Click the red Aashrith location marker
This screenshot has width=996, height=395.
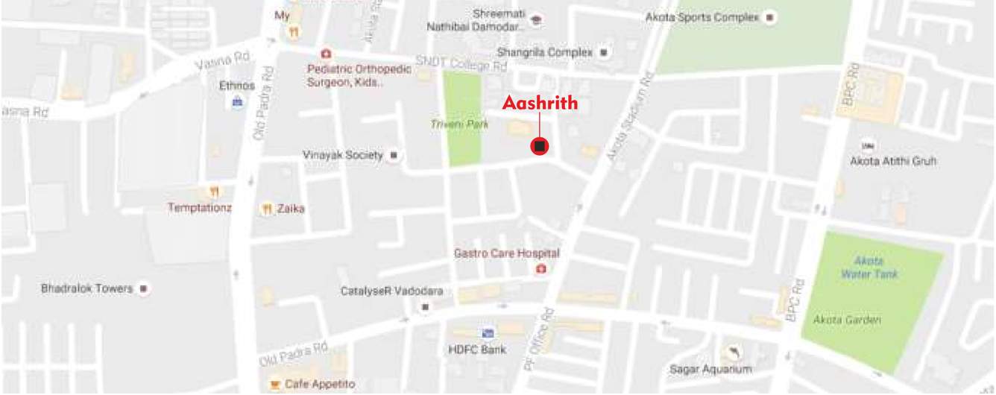pos(540,146)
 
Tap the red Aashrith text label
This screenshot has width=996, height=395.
pos(540,104)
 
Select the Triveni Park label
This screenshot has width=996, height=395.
pos(459,124)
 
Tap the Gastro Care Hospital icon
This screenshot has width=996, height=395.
pos(540,268)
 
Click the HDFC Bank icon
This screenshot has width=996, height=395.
pos(488,333)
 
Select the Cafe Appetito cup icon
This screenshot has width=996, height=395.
pos(274,385)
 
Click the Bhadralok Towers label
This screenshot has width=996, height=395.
pos(86,288)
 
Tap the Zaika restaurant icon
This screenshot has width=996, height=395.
pos(266,209)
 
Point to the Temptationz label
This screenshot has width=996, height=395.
pos(199,208)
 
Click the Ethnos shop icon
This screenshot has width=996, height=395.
pos(237,102)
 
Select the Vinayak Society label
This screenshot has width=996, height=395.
pos(342,156)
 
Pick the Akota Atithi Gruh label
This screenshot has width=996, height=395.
pos(893,161)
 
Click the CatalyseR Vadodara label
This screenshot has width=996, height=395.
pos(392,291)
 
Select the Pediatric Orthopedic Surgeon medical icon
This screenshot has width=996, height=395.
pos(325,54)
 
